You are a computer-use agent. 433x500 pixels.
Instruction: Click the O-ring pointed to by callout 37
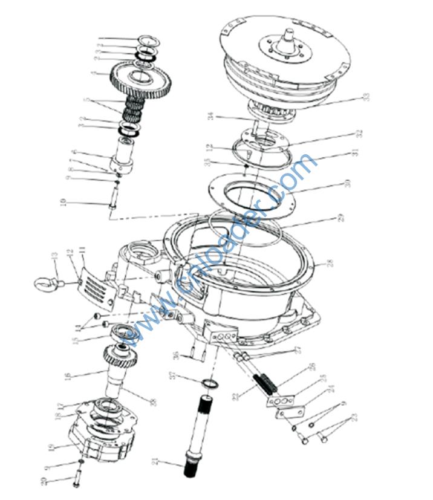209,383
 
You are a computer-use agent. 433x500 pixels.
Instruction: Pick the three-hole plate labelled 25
282,401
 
